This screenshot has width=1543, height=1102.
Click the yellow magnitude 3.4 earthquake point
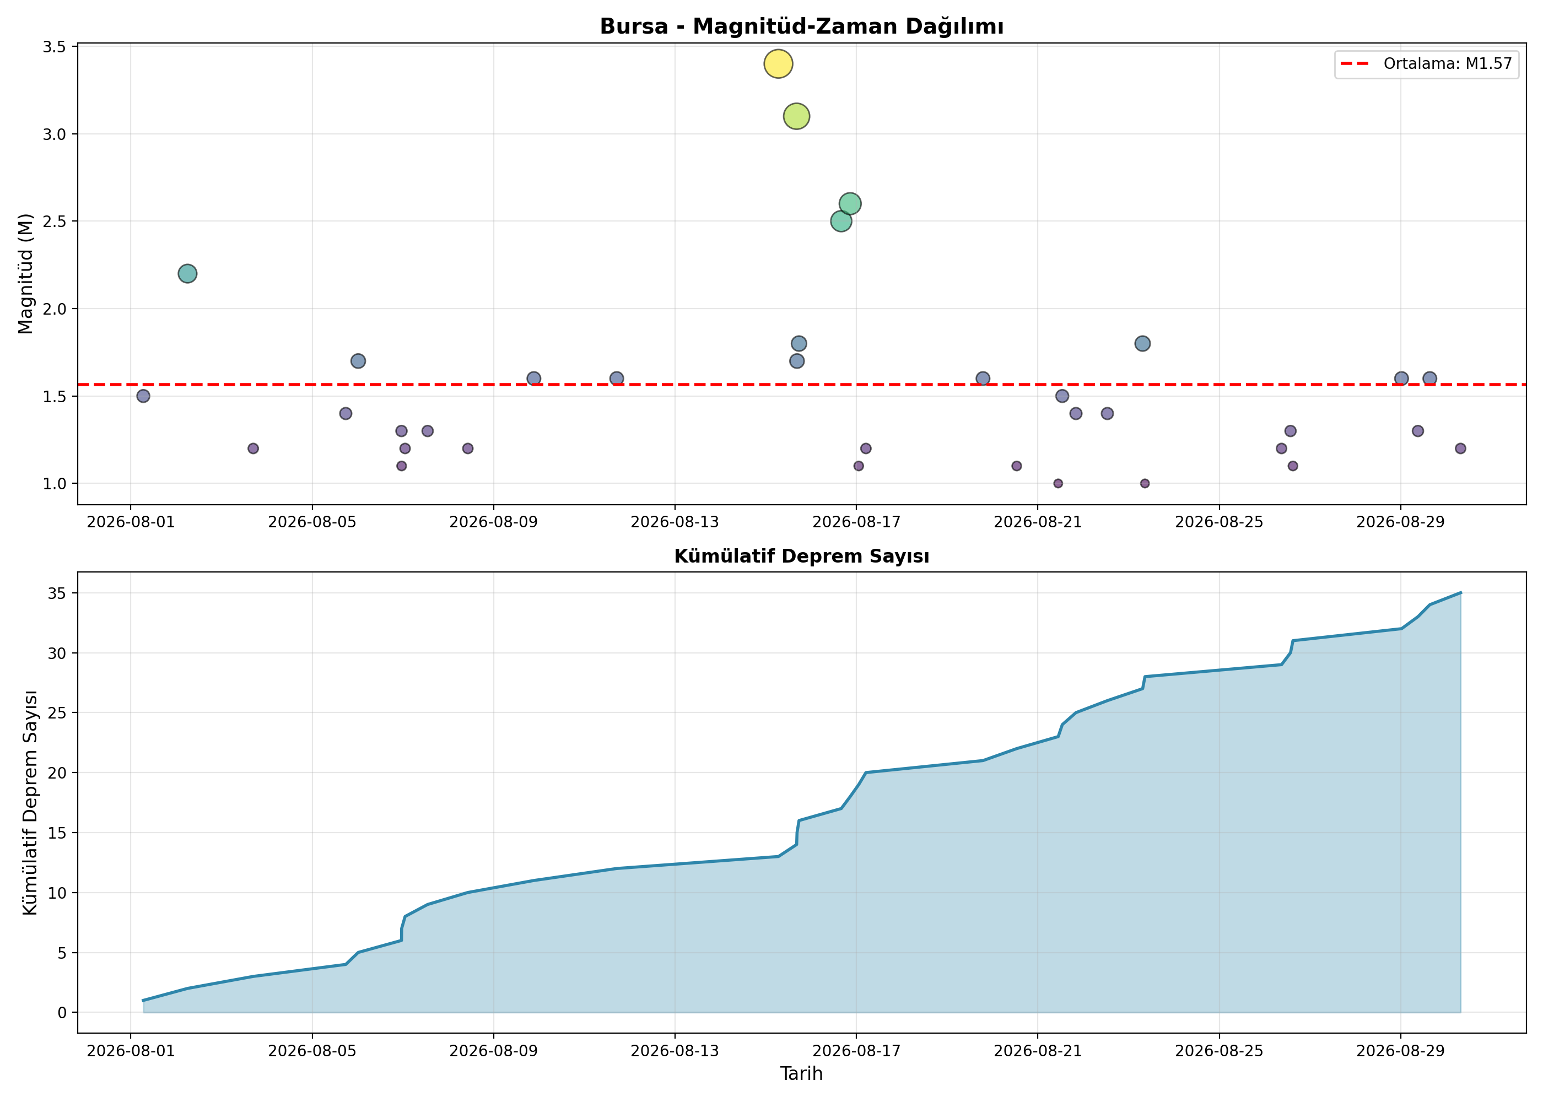tap(778, 64)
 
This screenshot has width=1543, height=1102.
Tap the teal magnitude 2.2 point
tap(187, 273)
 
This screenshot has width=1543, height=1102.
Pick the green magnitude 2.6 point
tap(850, 203)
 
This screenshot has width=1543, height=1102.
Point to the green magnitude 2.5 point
tap(841, 221)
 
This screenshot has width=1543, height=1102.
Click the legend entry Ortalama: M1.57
tap(1426, 64)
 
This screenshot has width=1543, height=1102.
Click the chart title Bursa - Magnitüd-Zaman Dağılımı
tap(801, 26)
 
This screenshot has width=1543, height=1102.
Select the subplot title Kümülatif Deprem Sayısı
tap(801, 557)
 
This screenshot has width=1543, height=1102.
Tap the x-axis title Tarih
tap(801, 1073)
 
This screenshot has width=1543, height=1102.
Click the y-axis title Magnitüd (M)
tap(26, 273)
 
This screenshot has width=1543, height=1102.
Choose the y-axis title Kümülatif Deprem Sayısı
tap(29, 803)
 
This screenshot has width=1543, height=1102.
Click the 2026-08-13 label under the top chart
tap(675, 522)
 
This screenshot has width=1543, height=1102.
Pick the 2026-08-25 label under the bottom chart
tap(1220, 1051)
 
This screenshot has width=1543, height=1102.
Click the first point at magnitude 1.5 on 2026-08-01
tap(143, 396)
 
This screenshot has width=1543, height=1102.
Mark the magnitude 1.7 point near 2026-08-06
tap(358, 361)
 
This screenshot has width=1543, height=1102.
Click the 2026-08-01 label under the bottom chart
tap(131, 1051)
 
